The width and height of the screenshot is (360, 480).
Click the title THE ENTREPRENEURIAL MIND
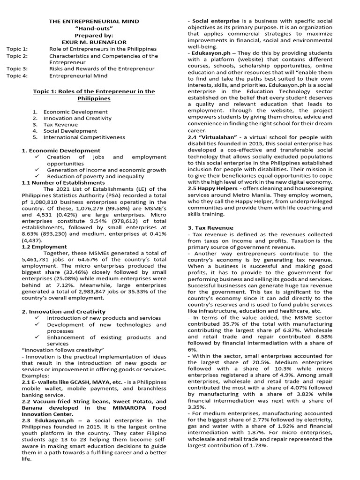(x=94, y=22)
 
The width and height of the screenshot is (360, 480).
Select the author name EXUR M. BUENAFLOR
(x=94, y=42)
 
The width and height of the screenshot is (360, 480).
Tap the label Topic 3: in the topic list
(x=18, y=68)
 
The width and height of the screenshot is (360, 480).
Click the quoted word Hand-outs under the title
(x=94, y=28)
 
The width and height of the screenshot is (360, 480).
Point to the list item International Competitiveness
(x=84, y=137)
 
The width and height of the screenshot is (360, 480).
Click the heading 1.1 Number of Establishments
(x=63, y=182)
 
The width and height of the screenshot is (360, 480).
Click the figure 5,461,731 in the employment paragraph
(x=42, y=259)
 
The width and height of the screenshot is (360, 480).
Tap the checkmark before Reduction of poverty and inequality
(x=37, y=176)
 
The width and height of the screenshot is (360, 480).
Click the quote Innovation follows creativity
(x=63, y=350)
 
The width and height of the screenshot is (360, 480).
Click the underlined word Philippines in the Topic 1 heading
(x=94, y=98)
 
